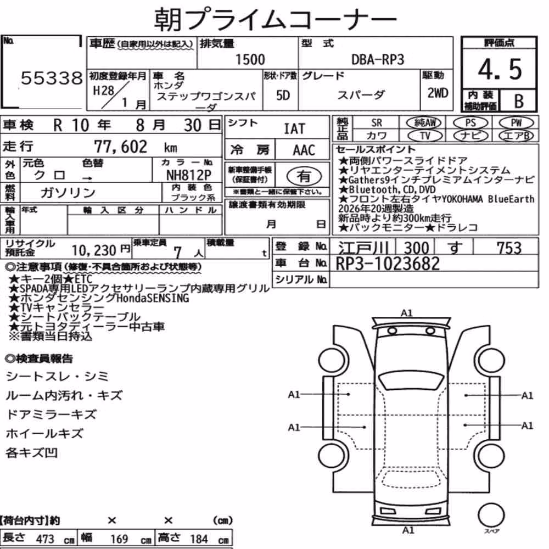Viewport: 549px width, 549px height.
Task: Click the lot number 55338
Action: click(52, 78)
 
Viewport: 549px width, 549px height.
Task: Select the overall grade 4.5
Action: click(500, 69)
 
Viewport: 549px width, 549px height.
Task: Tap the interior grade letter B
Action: click(519, 101)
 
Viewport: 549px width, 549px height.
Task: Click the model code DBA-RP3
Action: click(378, 59)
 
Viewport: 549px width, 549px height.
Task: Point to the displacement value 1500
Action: click(250, 59)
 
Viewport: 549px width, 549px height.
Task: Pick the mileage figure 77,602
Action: click(120, 147)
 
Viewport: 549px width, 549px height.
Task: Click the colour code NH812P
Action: click(188, 175)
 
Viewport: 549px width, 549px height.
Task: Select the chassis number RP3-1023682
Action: click(388, 264)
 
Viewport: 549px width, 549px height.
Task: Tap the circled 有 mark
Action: click(304, 176)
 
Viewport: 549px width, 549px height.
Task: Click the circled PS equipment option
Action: click(470, 123)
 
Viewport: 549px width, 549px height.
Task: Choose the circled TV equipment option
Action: click(425, 136)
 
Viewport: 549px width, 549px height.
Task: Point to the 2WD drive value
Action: click(438, 93)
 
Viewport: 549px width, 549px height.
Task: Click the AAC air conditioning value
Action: click(304, 150)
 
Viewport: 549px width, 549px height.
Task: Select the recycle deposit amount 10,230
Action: click(94, 250)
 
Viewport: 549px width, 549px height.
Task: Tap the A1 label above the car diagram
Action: click(406, 313)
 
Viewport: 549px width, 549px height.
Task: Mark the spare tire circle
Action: click(491, 516)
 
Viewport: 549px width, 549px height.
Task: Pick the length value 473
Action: click(45, 539)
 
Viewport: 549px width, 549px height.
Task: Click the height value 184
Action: click(199, 539)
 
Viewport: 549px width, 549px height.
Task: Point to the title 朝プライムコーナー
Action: click(275, 19)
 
